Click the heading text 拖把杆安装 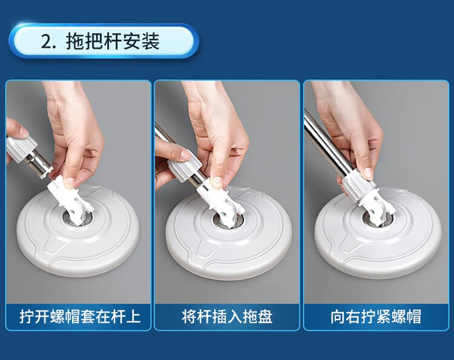click(113, 41)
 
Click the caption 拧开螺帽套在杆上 click(80, 316)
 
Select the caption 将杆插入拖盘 click(227, 316)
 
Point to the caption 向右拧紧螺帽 click(376, 316)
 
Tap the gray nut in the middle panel click(185, 168)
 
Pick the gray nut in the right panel click(358, 186)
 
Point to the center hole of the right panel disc click(378, 218)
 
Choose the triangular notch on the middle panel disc click(205, 247)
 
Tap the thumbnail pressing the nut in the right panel click(368, 173)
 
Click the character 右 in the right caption click(353, 316)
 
